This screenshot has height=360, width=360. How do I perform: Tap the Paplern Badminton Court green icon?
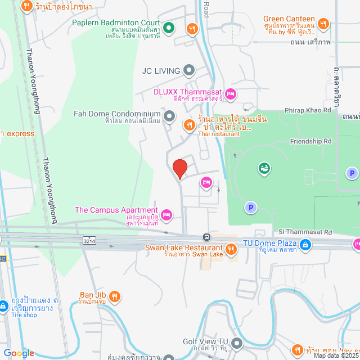(x=167, y=27)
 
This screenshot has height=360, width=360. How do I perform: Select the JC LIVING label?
(x=161, y=71)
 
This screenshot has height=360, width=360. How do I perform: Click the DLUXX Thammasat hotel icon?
(x=229, y=94)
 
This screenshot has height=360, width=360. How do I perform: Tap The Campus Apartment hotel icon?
(x=166, y=214)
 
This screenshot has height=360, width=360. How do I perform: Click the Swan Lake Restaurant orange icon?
(x=230, y=249)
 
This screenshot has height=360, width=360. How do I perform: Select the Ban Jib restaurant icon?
(x=114, y=296)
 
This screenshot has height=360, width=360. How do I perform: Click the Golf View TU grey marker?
(x=237, y=343)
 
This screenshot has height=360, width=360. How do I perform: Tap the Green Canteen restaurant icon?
(x=323, y=23)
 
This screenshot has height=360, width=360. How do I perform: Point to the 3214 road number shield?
(x=88, y=240)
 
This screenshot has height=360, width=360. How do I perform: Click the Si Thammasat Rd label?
(x=305, y=232)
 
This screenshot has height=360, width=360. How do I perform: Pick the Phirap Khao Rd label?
(x=308, y=110)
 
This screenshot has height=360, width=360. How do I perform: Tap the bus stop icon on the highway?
(x=207, y=237)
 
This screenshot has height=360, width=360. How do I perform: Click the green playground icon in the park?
(x=263, y=168)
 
